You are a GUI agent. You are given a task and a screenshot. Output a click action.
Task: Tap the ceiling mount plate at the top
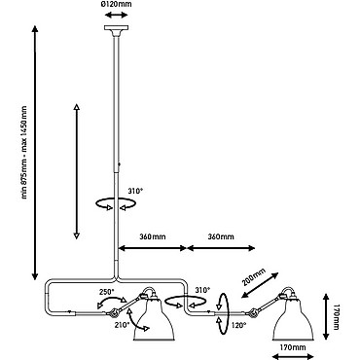coord(116,28)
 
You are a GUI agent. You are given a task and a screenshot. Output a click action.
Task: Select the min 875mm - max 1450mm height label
coord(25,152)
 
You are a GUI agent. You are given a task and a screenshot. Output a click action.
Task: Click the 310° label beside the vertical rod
coord(135,191)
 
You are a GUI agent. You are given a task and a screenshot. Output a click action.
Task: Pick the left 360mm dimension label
coord(153,236)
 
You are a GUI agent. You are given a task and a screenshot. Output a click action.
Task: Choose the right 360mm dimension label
coord(221,236)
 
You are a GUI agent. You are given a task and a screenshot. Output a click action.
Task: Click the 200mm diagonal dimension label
coord(254,276)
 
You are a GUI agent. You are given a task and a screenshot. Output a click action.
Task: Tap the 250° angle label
coord(107,291)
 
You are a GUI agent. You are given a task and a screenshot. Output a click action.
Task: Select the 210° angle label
coord(122,324)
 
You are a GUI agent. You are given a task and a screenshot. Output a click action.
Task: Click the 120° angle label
coord(238,325)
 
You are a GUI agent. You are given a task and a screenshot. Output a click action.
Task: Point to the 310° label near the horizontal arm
coord(202,289)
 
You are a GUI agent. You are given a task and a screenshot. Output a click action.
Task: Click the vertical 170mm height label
coord(336,317)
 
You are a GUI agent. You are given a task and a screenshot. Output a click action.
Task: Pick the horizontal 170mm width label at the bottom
coord(293,348)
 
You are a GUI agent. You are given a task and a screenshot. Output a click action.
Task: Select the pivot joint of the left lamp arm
coord(113,313)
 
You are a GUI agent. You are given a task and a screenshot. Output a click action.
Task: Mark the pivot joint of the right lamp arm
coord(251,313)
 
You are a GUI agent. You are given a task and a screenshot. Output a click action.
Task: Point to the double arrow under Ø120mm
coord(117,15)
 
